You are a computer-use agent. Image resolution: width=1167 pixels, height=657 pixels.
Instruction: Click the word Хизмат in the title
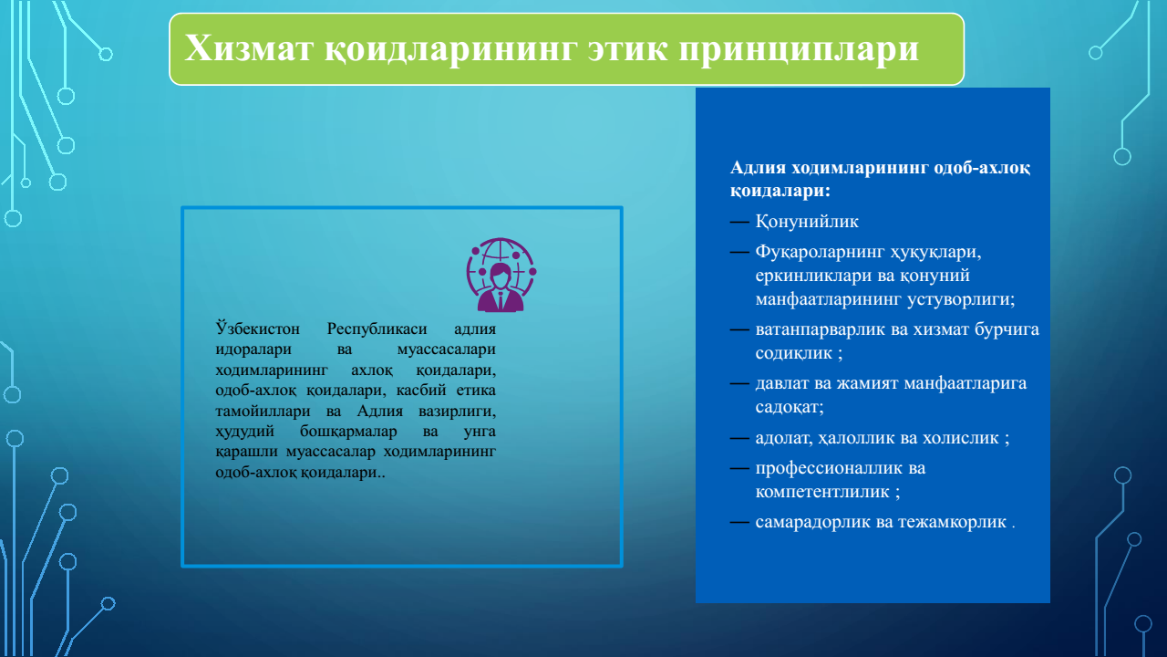pos(249,48)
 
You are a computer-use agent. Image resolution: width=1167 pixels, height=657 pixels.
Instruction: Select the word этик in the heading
pos(628,49)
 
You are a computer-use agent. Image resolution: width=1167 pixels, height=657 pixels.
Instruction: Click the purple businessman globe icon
pos(501,275)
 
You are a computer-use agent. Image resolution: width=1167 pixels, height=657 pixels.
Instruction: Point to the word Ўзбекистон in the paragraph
pos(257,328)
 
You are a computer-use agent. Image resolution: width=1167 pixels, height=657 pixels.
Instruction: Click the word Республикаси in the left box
pos(377,329)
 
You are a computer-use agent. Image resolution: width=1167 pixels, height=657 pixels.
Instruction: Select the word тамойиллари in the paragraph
pos(263,411)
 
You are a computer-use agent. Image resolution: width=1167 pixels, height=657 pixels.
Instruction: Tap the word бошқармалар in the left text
pos(348,432)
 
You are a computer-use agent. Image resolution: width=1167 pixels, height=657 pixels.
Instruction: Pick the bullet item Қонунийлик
pos(807,222)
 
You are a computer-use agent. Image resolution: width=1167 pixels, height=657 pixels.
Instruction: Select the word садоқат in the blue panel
pos(787,407)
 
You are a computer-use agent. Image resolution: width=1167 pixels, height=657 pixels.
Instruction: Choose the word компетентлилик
pos(822,492)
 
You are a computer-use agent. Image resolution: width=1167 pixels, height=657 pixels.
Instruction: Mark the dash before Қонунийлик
pos(739,222)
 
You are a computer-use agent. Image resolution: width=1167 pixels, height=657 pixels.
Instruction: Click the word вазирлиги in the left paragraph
pos(457,412)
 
